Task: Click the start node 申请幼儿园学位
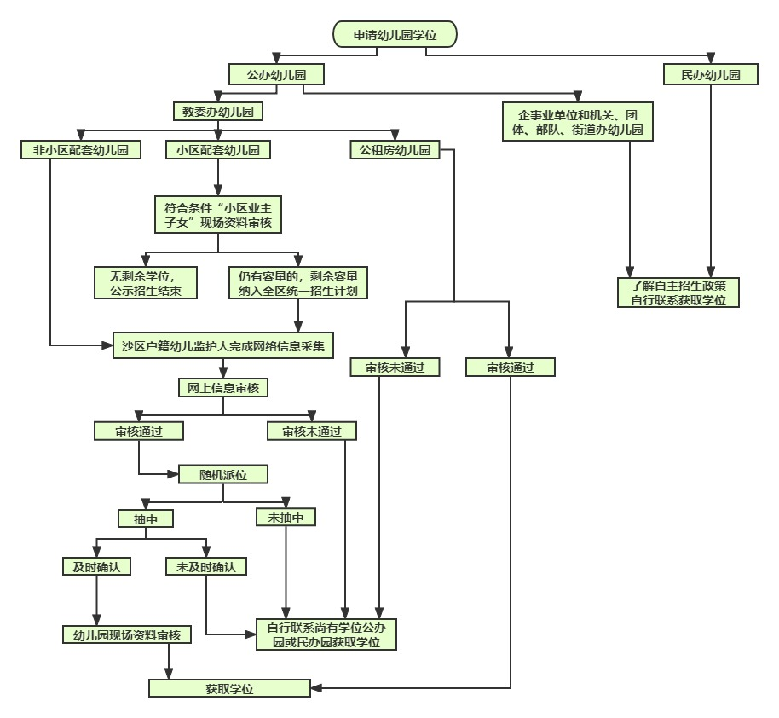394,34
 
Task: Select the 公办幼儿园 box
276,75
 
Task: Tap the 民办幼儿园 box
711,75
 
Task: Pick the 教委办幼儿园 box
217,111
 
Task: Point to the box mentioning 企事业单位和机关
579,123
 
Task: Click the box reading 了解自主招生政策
678,292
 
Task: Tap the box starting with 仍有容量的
298,282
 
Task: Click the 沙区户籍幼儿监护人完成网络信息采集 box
223,346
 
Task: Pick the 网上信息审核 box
223,388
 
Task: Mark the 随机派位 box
223,474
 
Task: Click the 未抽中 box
286,517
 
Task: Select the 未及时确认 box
206,566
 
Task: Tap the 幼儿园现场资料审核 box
127,634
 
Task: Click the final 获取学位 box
230,687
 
